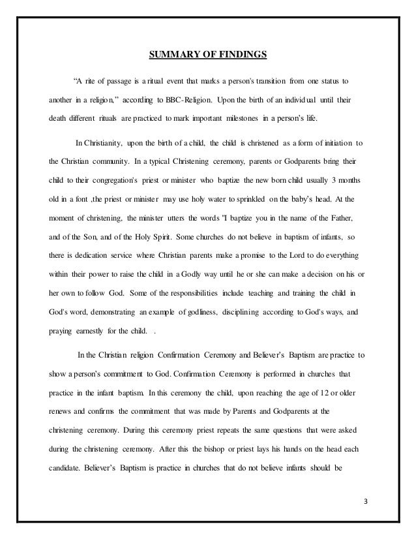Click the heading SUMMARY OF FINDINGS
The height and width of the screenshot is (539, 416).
coord(208,54)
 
